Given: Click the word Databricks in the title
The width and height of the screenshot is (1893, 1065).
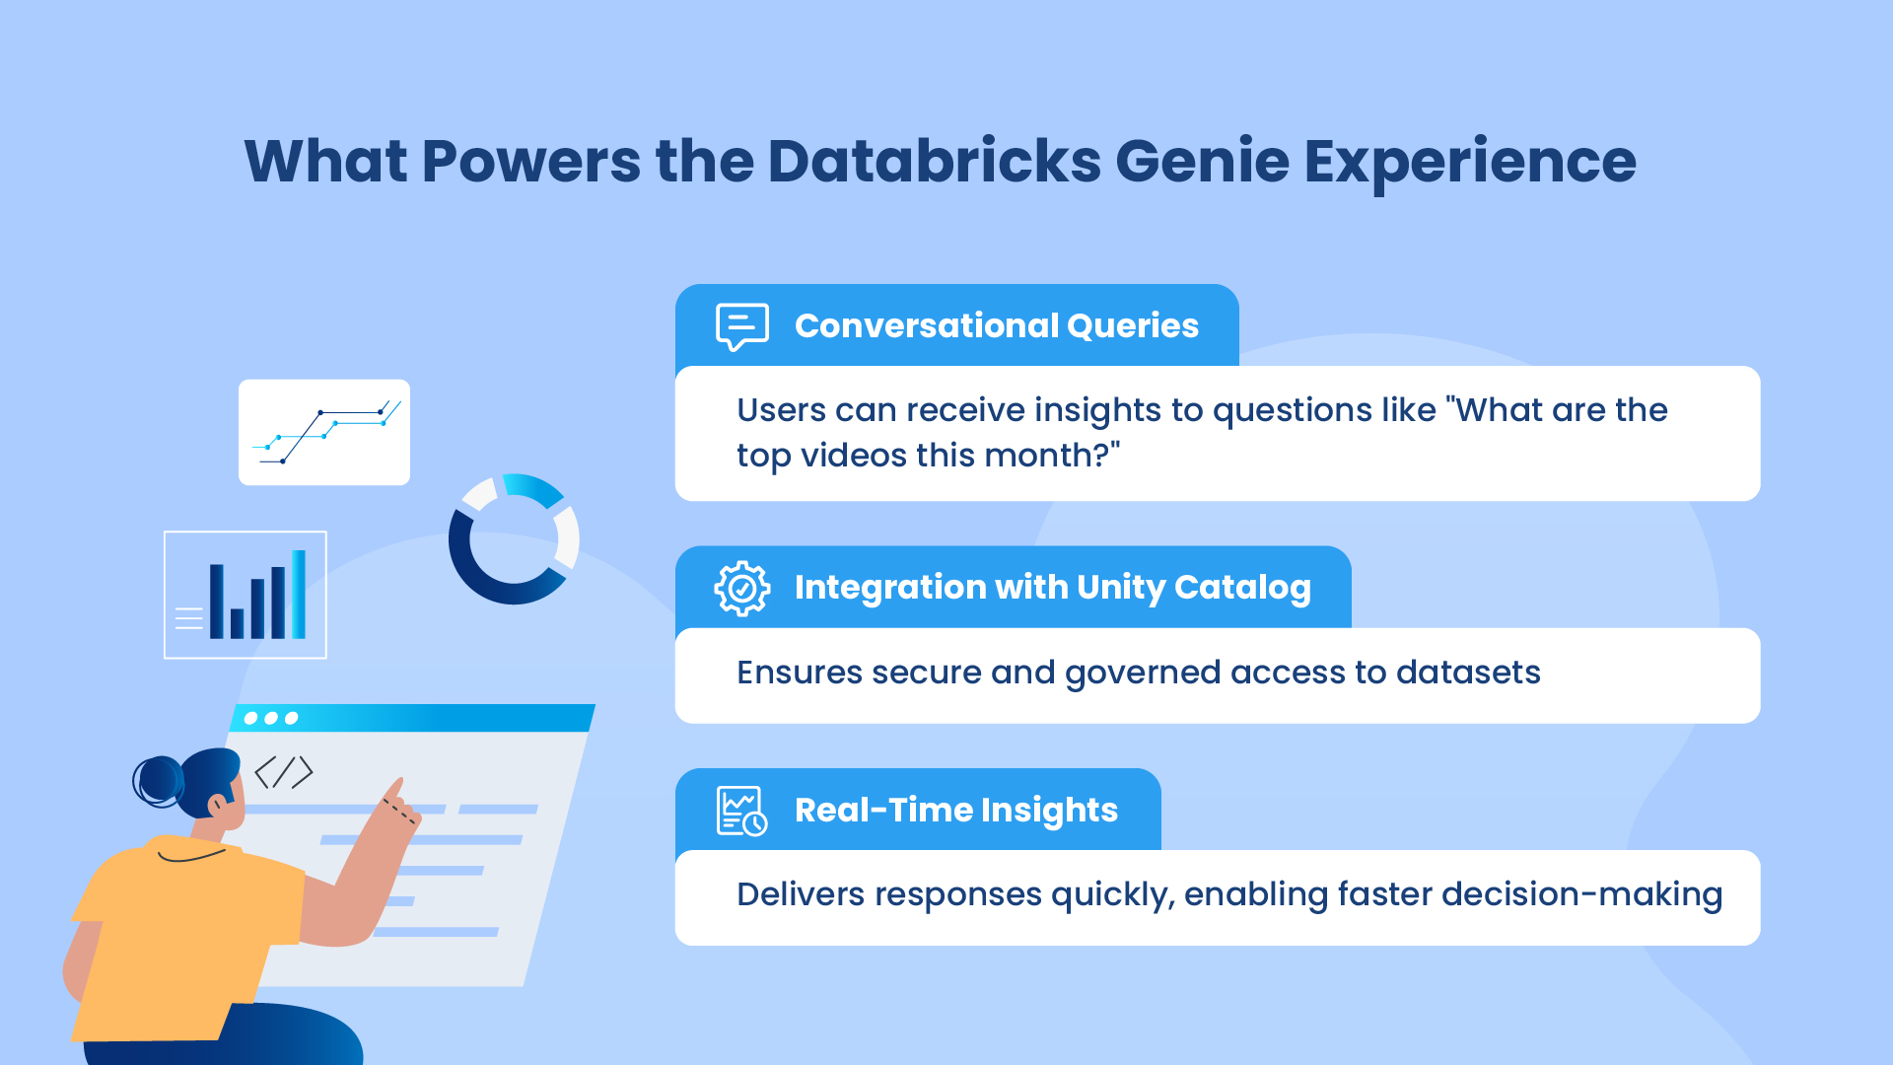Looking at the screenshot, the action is point(934,161).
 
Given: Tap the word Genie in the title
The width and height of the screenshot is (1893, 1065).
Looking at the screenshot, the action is point(1202,161).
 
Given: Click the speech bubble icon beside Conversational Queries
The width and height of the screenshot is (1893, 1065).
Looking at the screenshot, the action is point(742,326).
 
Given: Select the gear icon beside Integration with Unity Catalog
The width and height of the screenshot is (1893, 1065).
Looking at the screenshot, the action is point(742,589).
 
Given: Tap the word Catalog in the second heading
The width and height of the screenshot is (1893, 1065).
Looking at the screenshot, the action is point(1242,589).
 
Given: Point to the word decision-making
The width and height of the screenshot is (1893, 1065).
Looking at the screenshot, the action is point(1581,895).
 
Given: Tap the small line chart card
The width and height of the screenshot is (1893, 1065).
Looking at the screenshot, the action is point(324,432).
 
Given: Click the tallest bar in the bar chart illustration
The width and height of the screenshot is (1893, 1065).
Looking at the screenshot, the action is point(299,595).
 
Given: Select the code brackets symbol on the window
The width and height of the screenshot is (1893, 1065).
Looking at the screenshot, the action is point(284,772).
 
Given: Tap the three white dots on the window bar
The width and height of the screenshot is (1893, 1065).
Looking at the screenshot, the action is point(271,718).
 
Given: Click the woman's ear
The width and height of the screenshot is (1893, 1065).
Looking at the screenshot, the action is point(216,805).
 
